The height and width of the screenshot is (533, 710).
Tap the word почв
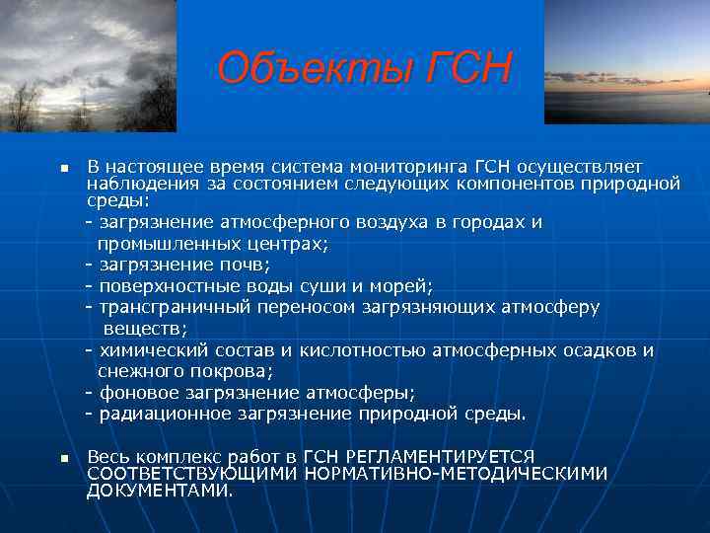(x=246, y=265)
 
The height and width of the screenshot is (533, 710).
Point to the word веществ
(x=142, y=328)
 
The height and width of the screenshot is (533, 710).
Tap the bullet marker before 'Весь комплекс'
(x=61, y=459)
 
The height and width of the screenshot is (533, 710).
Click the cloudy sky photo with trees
(x=88, y=65)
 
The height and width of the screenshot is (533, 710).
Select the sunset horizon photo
(x=626, y=61)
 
